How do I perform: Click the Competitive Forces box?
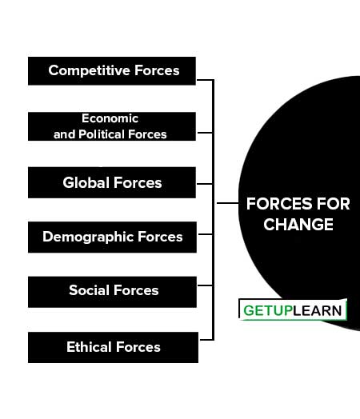[x=112, y=71]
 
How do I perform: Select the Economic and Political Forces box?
[x=112, y=126]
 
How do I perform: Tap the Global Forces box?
[x=112, y=182]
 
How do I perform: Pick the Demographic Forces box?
[x=112, y=237]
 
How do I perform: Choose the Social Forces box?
[x=112, y=292]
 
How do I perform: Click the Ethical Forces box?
[x=113, y=347]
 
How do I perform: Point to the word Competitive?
[x=90, y=71]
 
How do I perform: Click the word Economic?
[x=110, y=118]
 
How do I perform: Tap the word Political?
[x=102, y=134]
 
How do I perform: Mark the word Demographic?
[x=88, y=237]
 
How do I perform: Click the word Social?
[x=90, y=290]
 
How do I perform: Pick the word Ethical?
[x=89, y=347]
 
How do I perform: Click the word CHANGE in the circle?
[x=298, y=224]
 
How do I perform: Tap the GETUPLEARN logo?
[x=293, y=309]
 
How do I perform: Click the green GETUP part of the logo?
[x=268, y=311]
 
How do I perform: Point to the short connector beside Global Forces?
[x=205, y=184]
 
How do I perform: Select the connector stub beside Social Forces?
[x=206, y=285]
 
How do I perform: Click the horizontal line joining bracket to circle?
[x=227, y=203]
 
